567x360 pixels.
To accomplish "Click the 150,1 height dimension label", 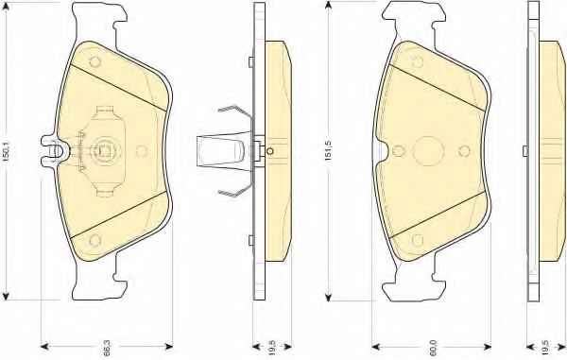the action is coord(8,151).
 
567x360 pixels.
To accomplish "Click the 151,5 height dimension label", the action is coord(328,150).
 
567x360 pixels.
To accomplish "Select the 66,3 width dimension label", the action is coord(107,347).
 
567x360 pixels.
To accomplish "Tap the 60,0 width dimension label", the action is coord(433,347).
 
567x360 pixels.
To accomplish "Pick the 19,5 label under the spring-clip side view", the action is coord(272,347).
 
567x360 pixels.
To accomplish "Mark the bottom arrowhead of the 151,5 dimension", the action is coord(328,296).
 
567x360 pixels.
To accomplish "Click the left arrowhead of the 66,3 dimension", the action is coord(44,347).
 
